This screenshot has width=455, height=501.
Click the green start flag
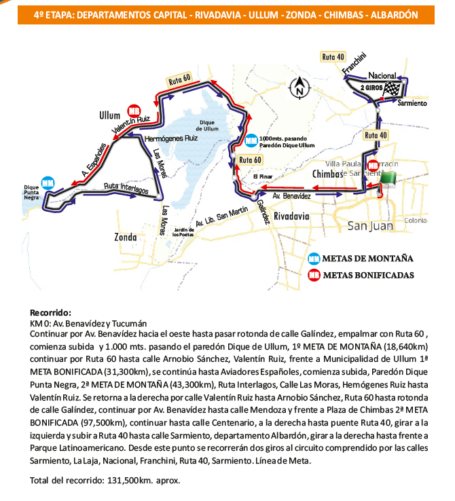389,179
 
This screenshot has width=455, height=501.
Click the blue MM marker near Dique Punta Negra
48,183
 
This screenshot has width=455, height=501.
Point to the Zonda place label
127,238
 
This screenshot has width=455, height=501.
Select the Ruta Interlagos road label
126,189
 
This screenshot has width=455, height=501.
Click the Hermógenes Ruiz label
171,137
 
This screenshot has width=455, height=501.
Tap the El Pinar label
261,177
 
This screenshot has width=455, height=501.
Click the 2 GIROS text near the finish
371,88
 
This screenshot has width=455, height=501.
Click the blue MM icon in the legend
314,259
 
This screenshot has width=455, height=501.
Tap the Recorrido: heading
50,313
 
